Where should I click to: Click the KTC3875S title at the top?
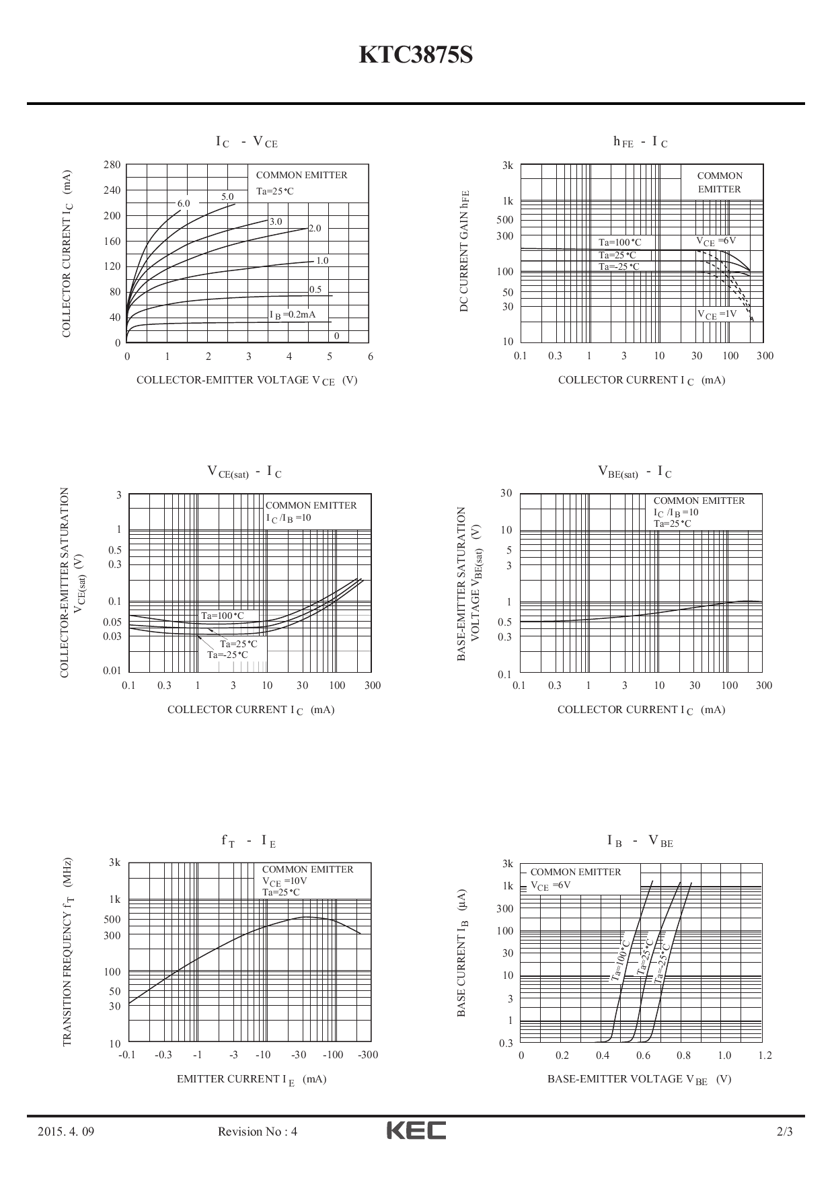click(x=416, y=55)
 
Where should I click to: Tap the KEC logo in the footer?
click(x=416, y=1131)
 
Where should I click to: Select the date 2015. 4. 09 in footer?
click(x=65, y=1132)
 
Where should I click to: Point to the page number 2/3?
click(x=784, y=1132)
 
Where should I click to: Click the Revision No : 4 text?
click(x=258, y=1132)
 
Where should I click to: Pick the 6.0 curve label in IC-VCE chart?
click(x=184, y=203)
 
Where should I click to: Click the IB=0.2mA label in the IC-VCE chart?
click(x=293, y=315)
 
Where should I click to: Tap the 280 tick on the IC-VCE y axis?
click(x=112, y=165)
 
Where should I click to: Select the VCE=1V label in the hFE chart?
click(x=716, y=314)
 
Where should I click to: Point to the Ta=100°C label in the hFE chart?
click(x=619, y=243)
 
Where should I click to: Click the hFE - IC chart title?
click(x=640, y=142)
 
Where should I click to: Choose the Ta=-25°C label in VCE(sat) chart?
click(x=227, y=655)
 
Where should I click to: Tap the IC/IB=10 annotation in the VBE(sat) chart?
click(x=676, y=513)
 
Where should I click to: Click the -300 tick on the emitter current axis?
click(x=368, y=1055)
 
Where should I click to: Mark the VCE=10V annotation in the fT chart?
click(x=285, y=881)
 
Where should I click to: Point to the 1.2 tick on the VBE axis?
click(x=765, y=1056)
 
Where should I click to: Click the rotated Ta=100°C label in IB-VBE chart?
click(x=619, y=958)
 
